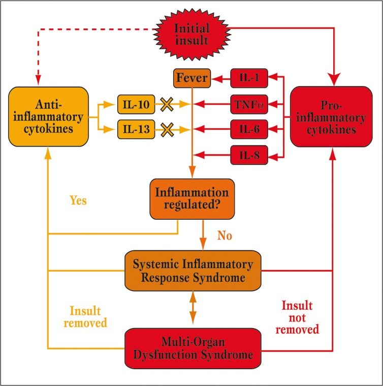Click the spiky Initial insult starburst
[191, 35]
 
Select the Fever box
[192, 78]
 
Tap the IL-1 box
[249, 78]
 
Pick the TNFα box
[249, 104]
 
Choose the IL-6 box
[249, 130]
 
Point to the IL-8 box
[249, 155]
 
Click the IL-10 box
[136, 104]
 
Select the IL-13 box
[136, 130]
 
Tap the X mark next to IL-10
[167, 104]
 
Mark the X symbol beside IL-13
[167, 130]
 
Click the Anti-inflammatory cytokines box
[48, 116]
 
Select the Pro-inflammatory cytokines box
[331, 116]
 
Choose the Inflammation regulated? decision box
[192, 199]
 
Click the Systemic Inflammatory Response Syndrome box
[193, 271]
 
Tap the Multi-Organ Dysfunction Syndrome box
[193, 348]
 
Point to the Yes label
[78, 200]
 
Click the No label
[225, 235]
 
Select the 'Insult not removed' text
[297, 317]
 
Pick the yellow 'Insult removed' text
[85, 317]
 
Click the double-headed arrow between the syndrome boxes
[193, 308]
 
